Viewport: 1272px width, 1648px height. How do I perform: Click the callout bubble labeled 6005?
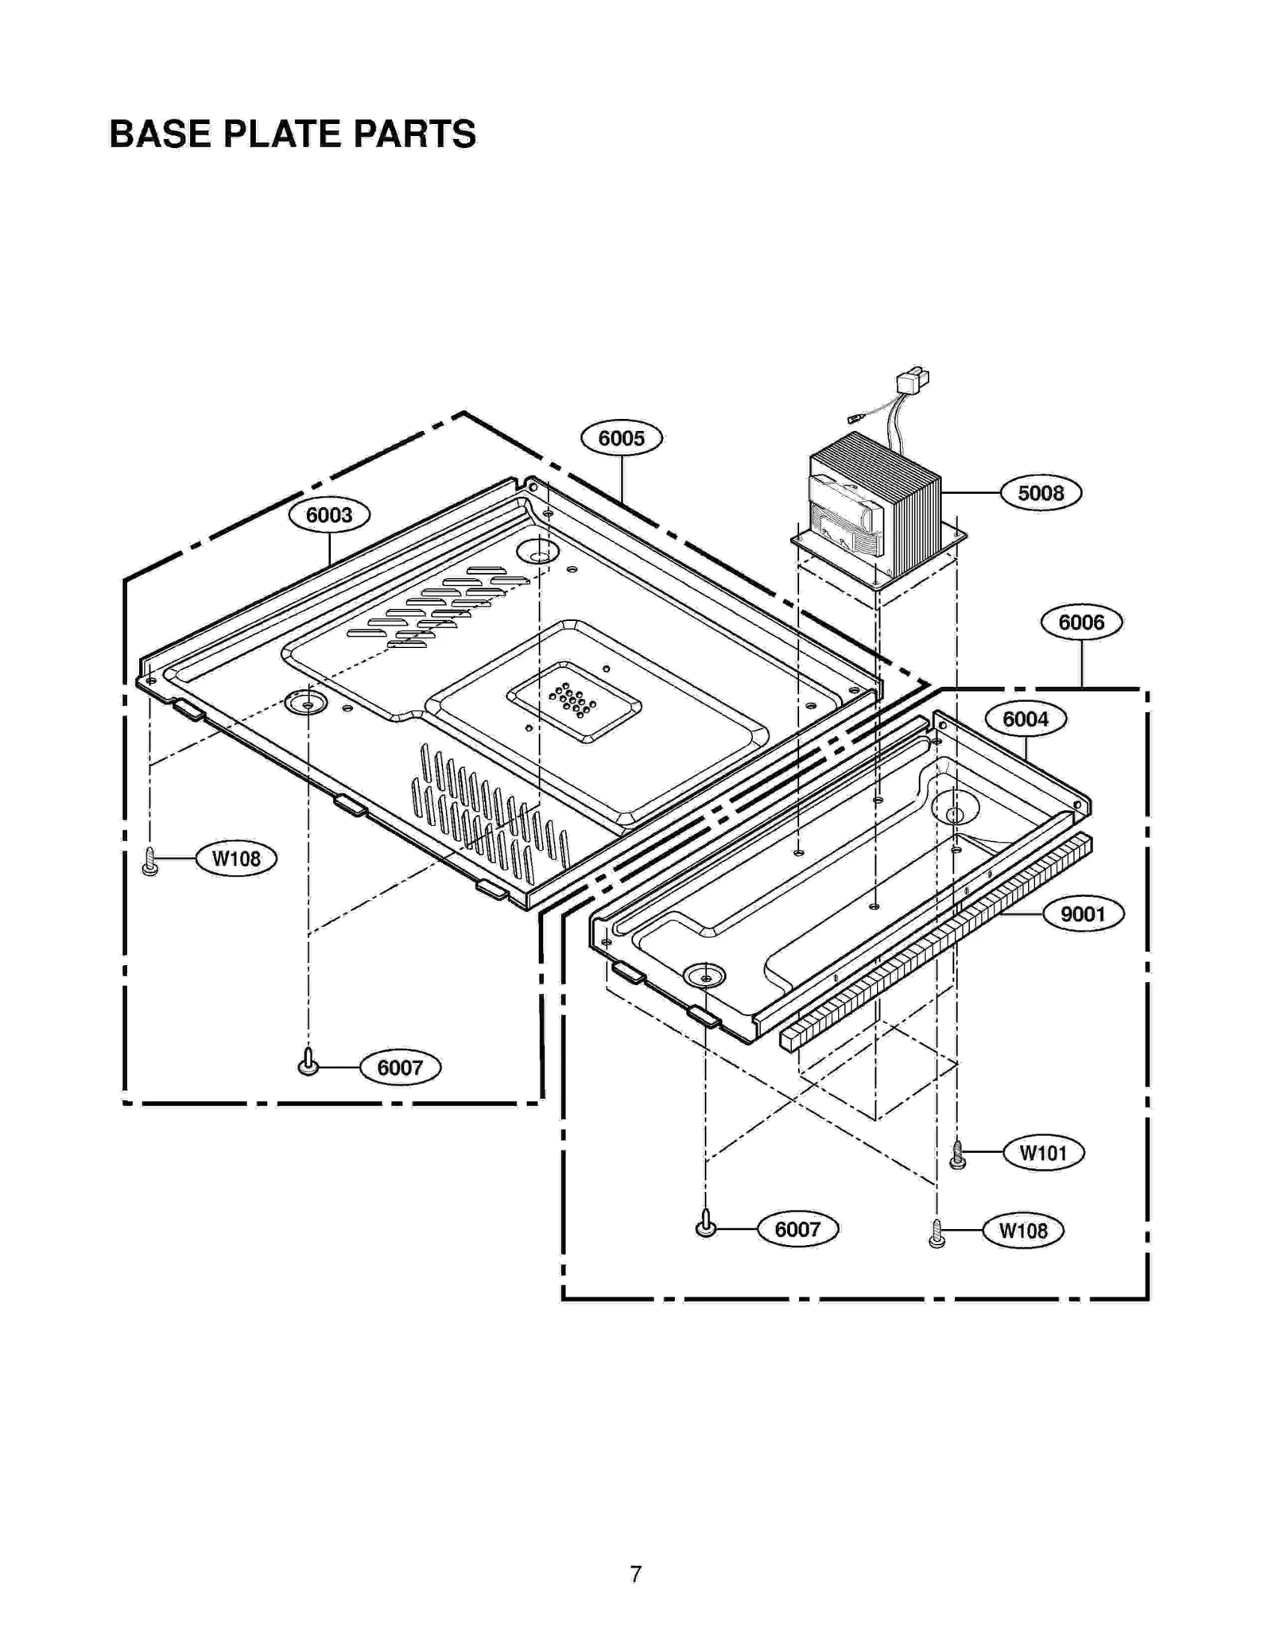(x=621, y=438)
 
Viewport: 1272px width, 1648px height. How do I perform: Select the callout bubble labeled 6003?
(x=329, y=515)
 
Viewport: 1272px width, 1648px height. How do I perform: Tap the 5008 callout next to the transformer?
(x=1040, y=493)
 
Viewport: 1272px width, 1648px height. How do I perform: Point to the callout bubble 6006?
(x=1080, y=622)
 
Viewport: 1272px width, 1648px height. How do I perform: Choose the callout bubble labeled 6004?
(x=1025, y=719)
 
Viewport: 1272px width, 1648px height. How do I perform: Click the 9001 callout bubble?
(x=1082, y=914)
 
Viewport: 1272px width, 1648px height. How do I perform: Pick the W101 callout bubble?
(x=1043, y=1153)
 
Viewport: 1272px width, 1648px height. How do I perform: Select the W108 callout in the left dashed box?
(x=236, y=859)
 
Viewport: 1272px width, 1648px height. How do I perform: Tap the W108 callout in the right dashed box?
(x=1022, y=1231)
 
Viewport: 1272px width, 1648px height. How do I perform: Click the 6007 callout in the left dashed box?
(x=400, y=1067)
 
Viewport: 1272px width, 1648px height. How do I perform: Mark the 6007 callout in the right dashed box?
(x=797, y=1229)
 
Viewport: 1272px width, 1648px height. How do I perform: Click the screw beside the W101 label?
(x=958, y=1154)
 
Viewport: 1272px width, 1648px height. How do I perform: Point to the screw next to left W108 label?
(x=149, y=862)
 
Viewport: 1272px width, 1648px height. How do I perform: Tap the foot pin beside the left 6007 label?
(x=308, y=1063)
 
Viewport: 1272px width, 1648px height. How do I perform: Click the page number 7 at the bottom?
(x=635, y=1574)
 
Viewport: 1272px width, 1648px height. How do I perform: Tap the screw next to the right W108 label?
(x=937, y=1234)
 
